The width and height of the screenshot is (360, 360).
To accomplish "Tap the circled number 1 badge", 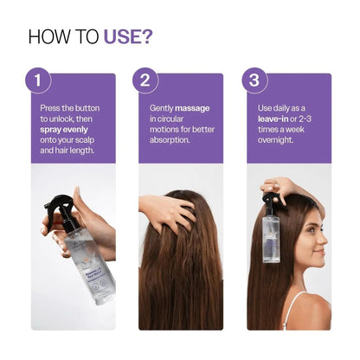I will (x=38, y=81).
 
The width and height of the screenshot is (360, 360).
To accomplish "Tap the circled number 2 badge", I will (x=146, y=81).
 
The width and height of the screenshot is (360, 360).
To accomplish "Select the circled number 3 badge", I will (x=254, y=81).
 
